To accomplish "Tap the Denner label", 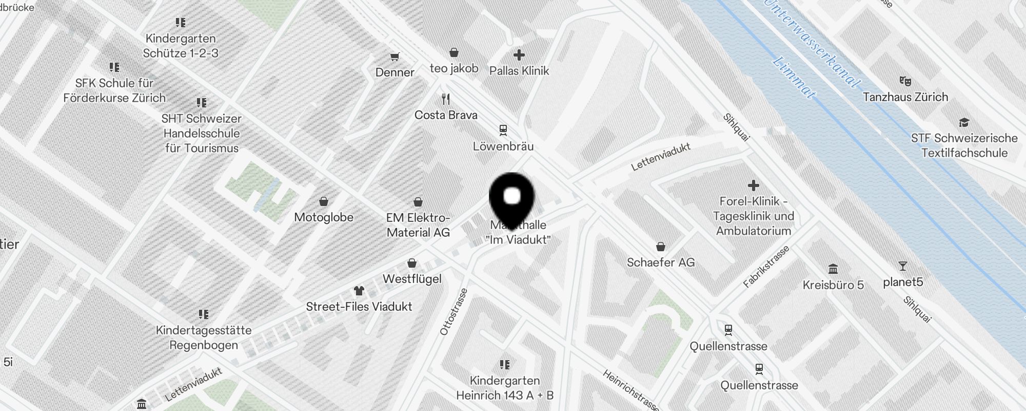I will coord(394,72).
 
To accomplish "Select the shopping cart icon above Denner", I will coord(394,57).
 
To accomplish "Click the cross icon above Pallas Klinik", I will coord(519,54).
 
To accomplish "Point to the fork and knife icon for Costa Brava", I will coord(446,99).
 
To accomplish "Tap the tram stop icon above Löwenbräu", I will coord(503,130).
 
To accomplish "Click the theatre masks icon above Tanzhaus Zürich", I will coord(905,81).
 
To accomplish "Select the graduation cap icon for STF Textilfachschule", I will coord(964,122).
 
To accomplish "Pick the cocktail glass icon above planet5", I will coord(902,266).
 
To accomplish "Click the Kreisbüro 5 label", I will coord(833,285).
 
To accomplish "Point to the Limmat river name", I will coord(794,77).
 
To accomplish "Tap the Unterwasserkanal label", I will coord(811,44).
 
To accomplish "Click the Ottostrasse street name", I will coord(453,312).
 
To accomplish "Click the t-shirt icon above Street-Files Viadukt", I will coord(359,291).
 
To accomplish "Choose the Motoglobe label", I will coord(324,217).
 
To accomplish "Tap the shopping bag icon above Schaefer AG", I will coord(661,247).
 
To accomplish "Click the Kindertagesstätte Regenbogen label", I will coord(204,338).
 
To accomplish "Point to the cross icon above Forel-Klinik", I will coord(753,185).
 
